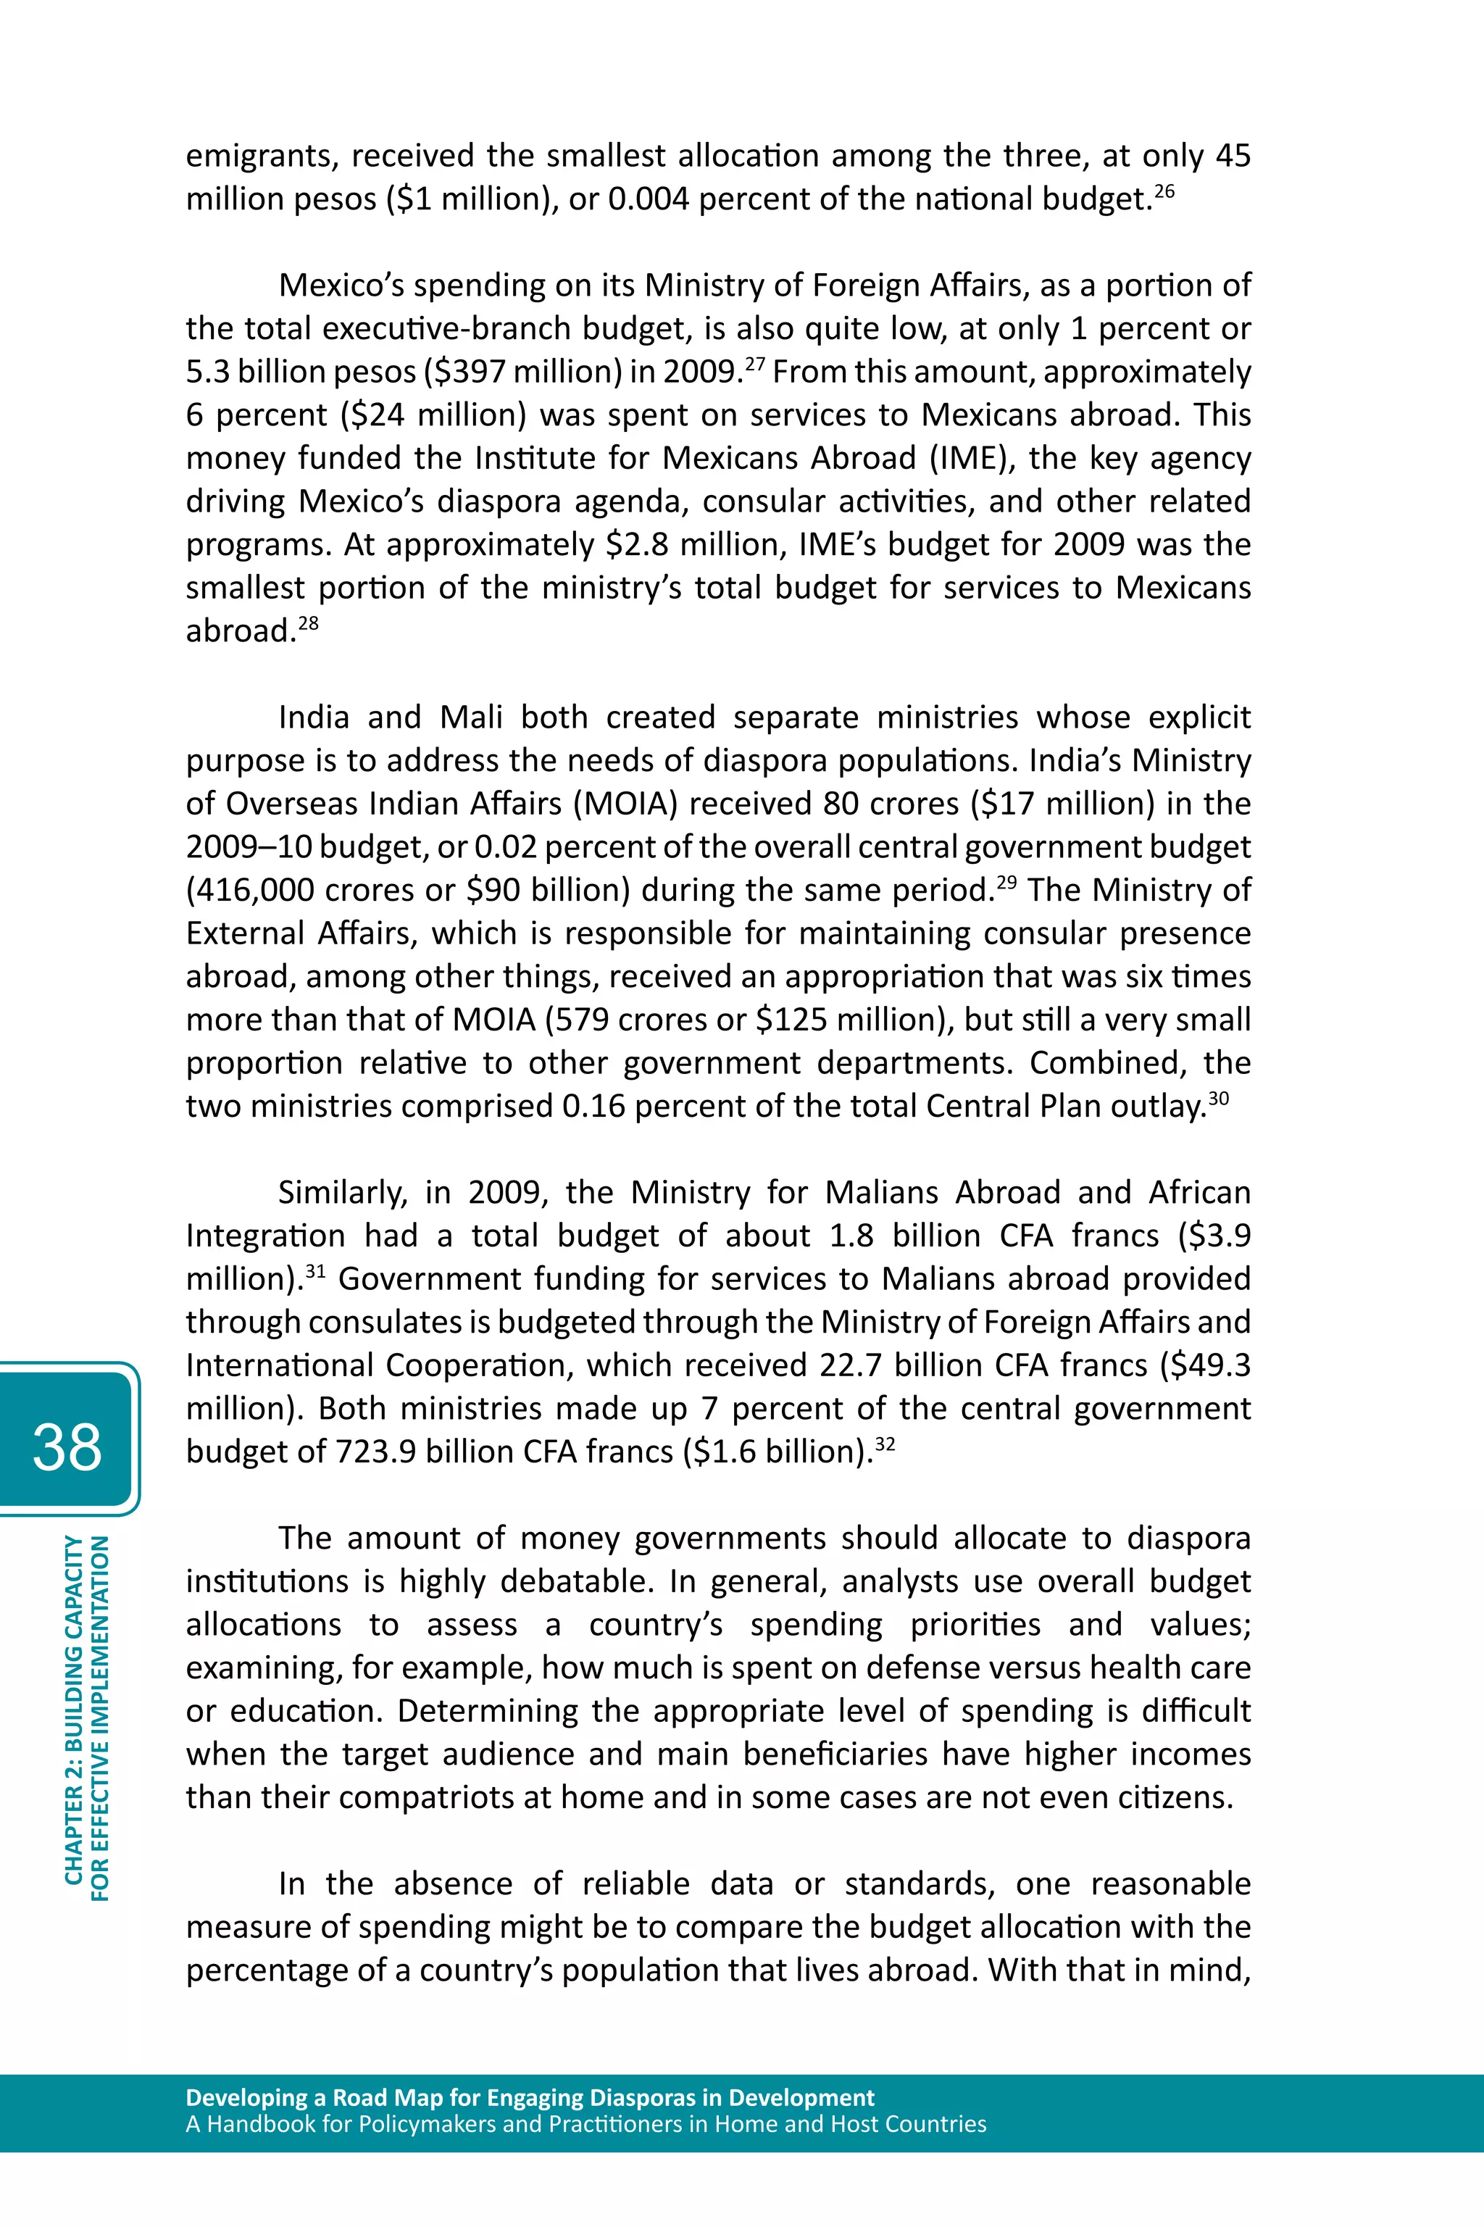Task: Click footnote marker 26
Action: [x=1164, y=191]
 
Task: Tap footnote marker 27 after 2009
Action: [x=754, y=364]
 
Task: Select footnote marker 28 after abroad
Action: [x=309, y=623]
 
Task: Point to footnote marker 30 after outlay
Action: [x=1218, y=1098]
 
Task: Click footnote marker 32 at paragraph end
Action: [x=885, y=1444]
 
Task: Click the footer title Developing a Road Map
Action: [x=530, y=2098]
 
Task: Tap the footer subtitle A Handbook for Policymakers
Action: [x=585, y=2125]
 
